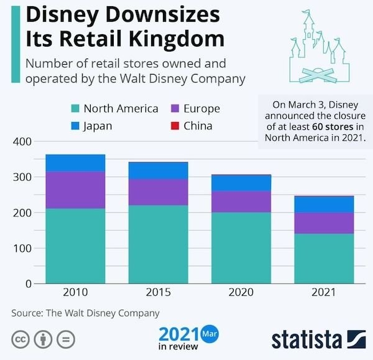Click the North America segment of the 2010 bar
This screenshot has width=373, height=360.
75,246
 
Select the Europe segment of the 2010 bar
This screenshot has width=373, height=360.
75,190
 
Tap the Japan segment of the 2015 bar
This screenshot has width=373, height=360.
159,170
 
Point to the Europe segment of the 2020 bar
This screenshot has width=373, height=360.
241,201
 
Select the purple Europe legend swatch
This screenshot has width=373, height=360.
173,109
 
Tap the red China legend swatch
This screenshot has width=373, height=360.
173,126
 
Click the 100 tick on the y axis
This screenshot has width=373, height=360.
22,249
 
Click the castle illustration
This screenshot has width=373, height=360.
317,50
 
